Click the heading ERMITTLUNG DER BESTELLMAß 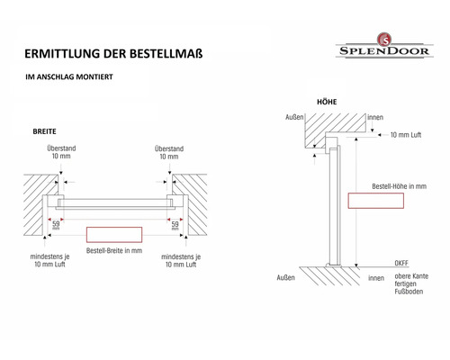click(113, 54)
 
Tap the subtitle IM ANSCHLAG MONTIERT click(69, 76)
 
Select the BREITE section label click(44, 131)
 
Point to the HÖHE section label click(327, 102)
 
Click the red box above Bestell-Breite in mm click(114, 235)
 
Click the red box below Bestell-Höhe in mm click(376, 201)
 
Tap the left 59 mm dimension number click(56, 224)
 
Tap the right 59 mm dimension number click(175, 225)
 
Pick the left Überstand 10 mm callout click(61, 152)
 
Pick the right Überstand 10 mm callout click(169, 152)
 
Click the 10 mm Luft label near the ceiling click(406, 135)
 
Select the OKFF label click(401, 263)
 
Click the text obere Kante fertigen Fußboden click(411, 283)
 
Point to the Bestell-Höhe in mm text click(399, 186)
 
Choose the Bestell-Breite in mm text click(114, 250)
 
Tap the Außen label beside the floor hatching click(285, 278)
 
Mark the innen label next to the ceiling click(375, 117)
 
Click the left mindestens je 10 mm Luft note click(49, 260)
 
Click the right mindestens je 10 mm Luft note click(181, 260)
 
